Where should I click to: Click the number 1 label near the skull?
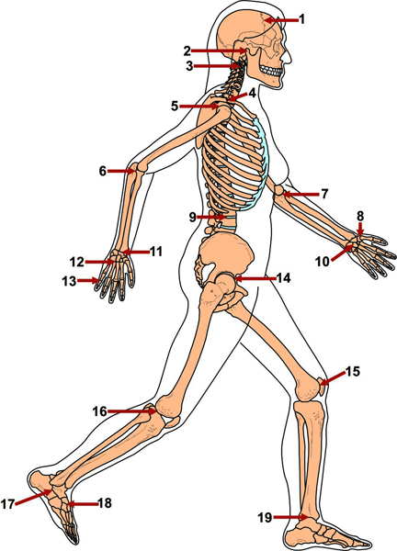pos(301,19)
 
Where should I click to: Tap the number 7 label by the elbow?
pos(324,194)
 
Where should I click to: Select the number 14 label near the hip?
pos(283,278)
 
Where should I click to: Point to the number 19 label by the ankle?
pos(265,517)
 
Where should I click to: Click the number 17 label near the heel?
pos(7,504)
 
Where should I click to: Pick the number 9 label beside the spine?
pos(192,217)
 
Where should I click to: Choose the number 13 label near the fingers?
pos(69,281)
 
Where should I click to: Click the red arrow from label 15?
pos(333,378)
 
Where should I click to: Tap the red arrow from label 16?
pos(131,411)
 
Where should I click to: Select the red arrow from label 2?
pos(219,51)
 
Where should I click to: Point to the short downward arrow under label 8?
pos(360,229)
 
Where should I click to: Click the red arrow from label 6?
pos(121,171)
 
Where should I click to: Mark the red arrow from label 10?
pos(342,253)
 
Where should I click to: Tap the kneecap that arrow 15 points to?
pos(322,387)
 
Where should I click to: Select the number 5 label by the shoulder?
pos(175,107)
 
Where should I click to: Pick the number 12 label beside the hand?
pos(76,262)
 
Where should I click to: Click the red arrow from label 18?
pos(82,504)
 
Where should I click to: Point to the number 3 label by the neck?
pos(189,66)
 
